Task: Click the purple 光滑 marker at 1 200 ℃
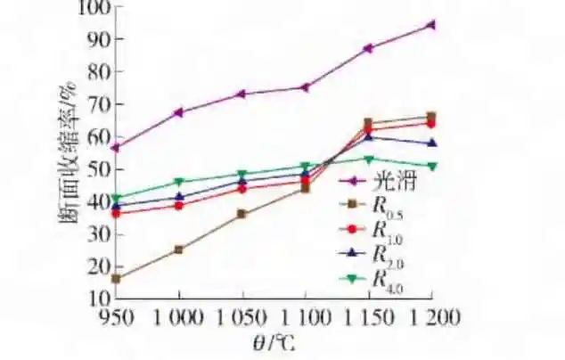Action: click(x=431, y=25)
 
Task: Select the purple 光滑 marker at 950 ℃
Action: click(x=116, y=147)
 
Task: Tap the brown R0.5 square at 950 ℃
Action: click(x=116, y=279)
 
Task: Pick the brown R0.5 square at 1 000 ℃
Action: click(x=179, y=250)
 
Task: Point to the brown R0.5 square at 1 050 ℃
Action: click(x=242, y=214)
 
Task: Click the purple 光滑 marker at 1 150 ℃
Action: click(x=368, y=48)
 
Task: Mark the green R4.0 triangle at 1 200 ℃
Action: click(x=431, y=166)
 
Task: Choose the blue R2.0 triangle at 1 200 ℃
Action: click(x=431, y=143)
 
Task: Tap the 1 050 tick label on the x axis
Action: click(x=242, y=318)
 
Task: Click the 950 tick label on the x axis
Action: click(x=116, y=318)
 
